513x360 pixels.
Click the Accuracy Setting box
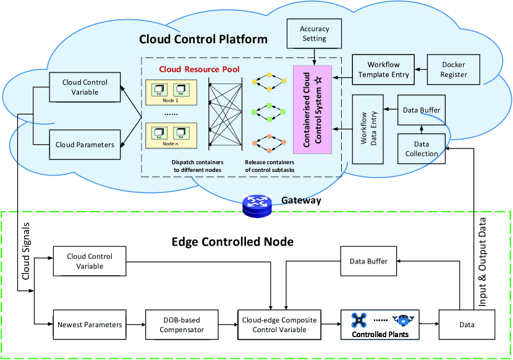(315, 33)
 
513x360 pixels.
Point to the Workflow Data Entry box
(367, 128)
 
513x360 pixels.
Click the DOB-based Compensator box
(182, 324)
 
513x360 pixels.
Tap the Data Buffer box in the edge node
(370, 262)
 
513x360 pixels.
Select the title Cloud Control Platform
(203, 39)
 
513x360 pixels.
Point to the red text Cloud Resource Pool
(199, 69)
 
